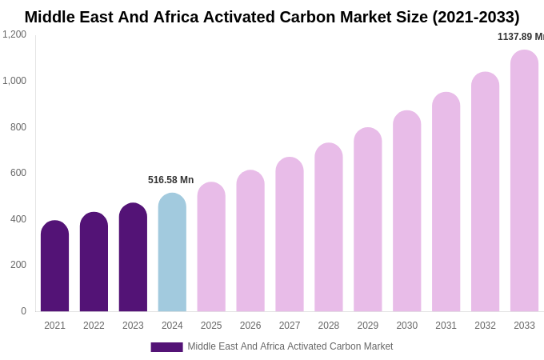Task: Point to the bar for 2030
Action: coord(406,211)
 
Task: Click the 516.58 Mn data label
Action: coord(170,180)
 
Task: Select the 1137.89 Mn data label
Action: coord(520,37)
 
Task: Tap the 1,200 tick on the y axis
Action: coord(14,34)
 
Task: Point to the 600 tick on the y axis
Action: coord(18,173)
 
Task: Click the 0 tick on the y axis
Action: coord(23,311)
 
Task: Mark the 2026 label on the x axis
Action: coord(250,326)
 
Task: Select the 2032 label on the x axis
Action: coord(485,326)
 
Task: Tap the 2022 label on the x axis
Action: coord(94,326)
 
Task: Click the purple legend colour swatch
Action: coord(166,347)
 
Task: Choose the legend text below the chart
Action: coord(290,346)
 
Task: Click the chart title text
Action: coord(272,17)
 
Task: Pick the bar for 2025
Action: coord(211,247)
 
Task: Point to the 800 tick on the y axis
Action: coord(18,127)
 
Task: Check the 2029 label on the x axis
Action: coord(367,326)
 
